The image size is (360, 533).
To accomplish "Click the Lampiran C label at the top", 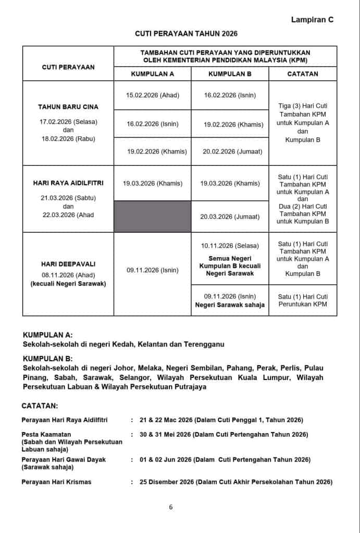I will [x=312, y=20].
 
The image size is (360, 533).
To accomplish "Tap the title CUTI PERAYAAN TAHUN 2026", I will [x=186, y=33].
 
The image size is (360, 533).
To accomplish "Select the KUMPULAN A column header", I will [x=152, y=74].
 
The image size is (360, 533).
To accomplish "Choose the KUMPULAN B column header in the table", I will [x=230, y=74].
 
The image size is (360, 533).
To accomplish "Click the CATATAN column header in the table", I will [x=302, y=74].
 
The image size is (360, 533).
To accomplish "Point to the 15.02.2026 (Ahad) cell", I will [x=152, y=96].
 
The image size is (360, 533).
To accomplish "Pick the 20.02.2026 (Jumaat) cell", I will [x=230, y=152].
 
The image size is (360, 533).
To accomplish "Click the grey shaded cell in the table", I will [x=152, y=216].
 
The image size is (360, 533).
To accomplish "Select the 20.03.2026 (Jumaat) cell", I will [x=230, y=217].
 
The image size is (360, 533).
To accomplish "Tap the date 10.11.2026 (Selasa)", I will [x=230, y=246].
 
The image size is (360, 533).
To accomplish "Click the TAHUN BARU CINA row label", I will [x=68, y=107].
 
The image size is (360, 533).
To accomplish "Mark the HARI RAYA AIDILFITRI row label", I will [x=68, y=183].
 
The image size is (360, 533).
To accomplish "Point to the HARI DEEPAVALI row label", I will [x=68, y=264].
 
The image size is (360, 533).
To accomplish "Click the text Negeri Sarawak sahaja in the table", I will [x=230, y=305].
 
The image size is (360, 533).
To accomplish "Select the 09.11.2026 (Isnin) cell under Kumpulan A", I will [x=152, y=270].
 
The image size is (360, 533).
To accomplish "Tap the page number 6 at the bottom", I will [x=171, y=507].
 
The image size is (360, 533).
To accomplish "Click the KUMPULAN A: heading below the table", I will [x=48, y=335].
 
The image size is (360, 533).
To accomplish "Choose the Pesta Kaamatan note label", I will [x=46, y=434].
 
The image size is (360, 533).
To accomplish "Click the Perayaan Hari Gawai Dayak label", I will [x=64, y=460].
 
